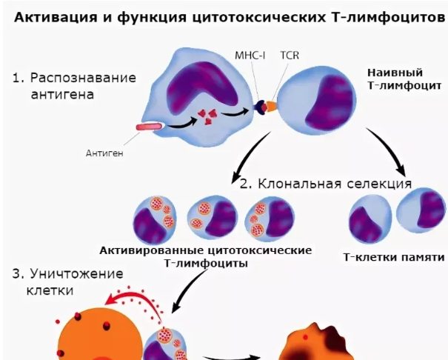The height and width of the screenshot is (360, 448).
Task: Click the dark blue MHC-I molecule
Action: pyautogui.click(x=260, y=108)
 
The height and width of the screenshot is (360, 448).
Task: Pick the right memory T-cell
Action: pyautogui.click(x=423, y=211)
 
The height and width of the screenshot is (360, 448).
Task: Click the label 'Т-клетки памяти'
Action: pyautogui.click(x=394, y=258)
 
